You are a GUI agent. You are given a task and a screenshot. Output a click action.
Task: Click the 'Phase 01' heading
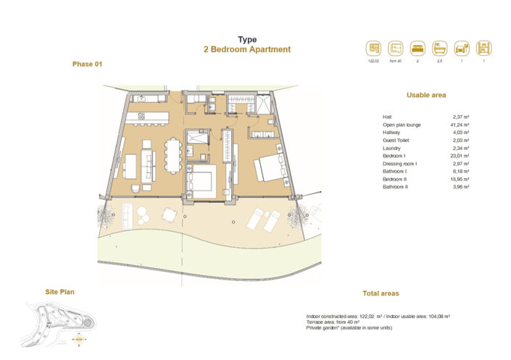pos(88,64)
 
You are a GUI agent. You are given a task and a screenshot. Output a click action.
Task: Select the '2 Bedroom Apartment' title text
pos(247,50)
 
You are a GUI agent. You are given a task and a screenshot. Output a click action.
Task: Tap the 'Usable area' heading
pos(426,95)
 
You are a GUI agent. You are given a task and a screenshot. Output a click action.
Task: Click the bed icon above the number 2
pos(417,49)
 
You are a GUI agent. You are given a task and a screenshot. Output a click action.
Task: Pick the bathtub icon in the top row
pos(439,49)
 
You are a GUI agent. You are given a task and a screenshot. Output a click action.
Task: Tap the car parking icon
pos(460,49)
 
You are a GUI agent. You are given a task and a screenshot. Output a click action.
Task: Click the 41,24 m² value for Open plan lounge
pos(460,125)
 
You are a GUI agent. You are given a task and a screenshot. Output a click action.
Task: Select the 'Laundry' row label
pos(391,148)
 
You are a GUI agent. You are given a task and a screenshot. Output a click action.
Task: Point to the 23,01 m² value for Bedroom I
pos(460,156)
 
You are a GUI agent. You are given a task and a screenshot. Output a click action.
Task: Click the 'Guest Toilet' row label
pos(396,141)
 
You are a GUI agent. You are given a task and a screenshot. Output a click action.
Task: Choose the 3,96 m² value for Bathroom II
pos(461,187)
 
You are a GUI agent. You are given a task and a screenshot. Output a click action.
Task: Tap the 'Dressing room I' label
pos(399,164)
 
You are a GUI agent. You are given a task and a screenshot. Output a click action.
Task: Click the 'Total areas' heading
pos(381,293)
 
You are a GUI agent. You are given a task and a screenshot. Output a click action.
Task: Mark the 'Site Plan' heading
pos(59,292)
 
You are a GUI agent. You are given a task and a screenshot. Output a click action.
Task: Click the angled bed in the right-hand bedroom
pos(267,168)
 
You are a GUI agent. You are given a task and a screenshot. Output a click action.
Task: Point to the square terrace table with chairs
pos(169,214)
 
